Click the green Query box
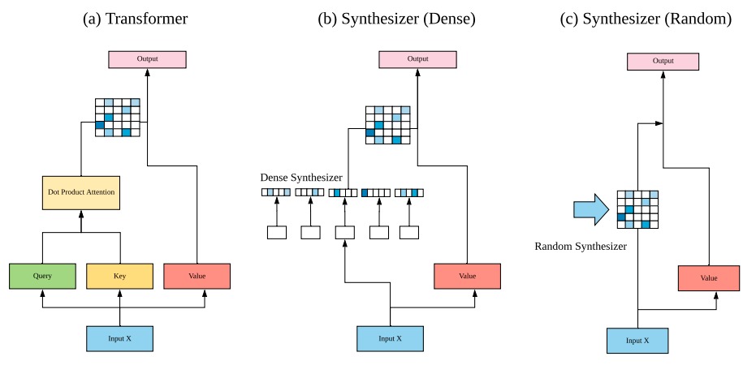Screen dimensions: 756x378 point(42,276)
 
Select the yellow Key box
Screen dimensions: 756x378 point(119,276)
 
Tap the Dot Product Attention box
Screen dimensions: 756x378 point(81,192)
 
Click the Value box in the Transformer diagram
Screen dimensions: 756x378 point(197,276)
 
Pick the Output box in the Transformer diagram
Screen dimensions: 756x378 point(147,59)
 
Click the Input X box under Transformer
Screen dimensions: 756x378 point(119,338)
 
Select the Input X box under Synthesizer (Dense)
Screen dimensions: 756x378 point(390,338)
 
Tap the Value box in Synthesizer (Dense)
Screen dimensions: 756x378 point(467,276)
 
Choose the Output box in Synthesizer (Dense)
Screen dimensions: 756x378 point(417,59)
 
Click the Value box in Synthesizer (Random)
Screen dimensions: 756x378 point(709,278)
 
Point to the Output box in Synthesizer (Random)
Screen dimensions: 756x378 point(663,61)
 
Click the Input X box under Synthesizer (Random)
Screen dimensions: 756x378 point(637,341)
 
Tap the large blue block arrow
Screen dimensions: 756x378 point(592,209)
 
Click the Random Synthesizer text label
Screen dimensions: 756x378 point(581,246)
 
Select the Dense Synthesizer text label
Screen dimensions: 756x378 point(301,178)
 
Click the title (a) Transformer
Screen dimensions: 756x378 point(135,19)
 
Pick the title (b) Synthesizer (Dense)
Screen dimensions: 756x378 point(397,19)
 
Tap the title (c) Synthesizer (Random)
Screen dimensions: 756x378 point(646,19)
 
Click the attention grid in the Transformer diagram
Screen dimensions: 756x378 point(118,118)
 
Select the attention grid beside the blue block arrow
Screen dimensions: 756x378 point(638,209)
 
